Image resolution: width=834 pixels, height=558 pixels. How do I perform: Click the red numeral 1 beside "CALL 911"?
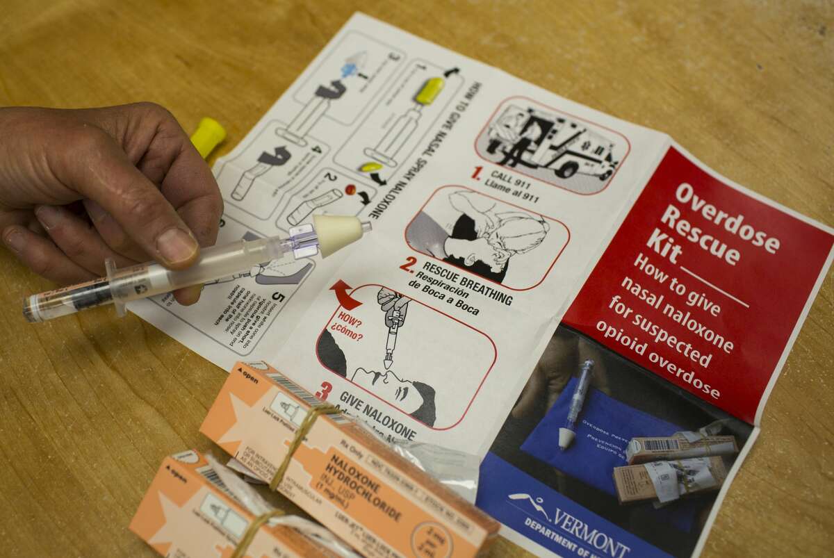coord(475,173)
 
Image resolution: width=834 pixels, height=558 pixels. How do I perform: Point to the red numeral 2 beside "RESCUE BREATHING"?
coord(408,265)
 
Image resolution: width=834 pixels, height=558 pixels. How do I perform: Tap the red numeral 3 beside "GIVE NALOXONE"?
coord(323,391)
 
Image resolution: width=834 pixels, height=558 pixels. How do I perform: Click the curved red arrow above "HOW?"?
coord(345,293)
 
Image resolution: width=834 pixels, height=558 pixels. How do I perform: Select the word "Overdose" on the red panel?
coord(727,218)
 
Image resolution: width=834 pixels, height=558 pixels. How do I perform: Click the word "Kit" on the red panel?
coord(664,240)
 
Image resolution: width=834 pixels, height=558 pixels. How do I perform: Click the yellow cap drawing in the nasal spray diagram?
coord(429,91)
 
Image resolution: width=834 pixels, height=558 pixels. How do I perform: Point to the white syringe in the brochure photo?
coord(576,404)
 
